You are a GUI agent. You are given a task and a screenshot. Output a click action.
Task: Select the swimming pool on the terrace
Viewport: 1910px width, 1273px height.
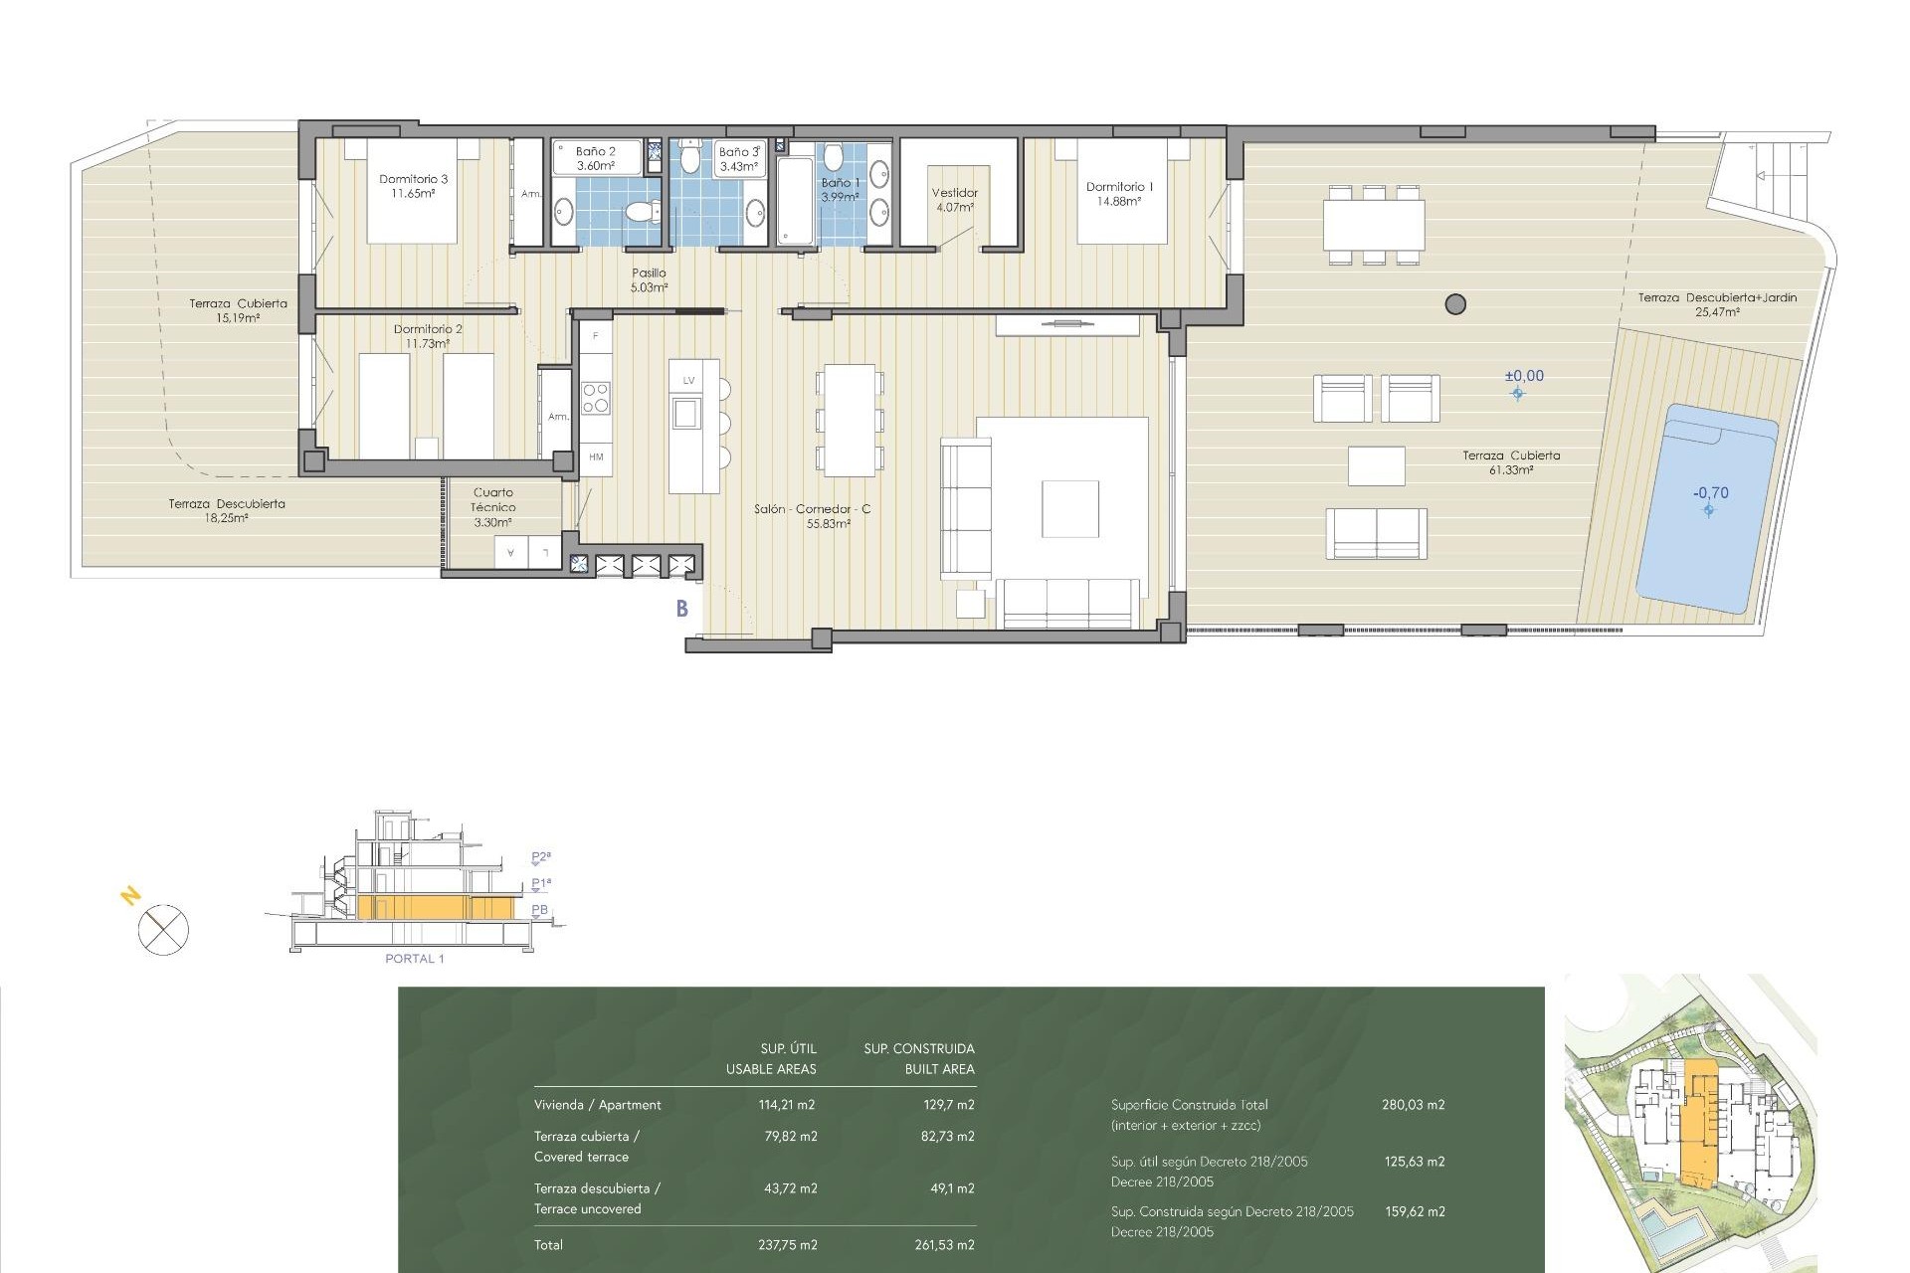click(x=1707, y=507)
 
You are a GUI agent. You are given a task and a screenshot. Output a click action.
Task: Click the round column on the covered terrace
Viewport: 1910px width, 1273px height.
click(x=1455, y=304)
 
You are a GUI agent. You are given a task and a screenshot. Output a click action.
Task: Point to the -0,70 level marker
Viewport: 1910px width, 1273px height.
click(x=1711, y=493)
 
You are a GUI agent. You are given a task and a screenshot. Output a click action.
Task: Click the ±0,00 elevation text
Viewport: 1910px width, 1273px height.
click(x=1524, y=376)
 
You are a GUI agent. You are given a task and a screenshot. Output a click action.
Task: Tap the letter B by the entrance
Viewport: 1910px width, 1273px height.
click(x=682, y=609)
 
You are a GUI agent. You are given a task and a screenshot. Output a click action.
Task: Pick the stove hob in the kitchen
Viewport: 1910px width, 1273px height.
click(x=596, y=398)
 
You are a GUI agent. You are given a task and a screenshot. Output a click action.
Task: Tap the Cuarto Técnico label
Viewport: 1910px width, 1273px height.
click(x=492, y=507)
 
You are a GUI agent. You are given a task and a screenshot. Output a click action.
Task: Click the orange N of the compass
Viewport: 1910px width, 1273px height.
click(x=130, y=897)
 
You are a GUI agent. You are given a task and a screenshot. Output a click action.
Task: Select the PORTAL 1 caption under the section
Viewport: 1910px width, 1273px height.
click(x=415, y=959)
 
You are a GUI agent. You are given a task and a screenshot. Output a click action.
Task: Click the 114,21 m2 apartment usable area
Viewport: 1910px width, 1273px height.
click(x=786, y=1105)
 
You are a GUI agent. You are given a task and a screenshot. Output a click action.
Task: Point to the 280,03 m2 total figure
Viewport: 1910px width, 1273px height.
click(x=1413, y=1105)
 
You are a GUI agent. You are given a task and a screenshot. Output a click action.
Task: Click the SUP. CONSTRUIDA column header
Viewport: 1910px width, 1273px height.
click(x=919, y=1049)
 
